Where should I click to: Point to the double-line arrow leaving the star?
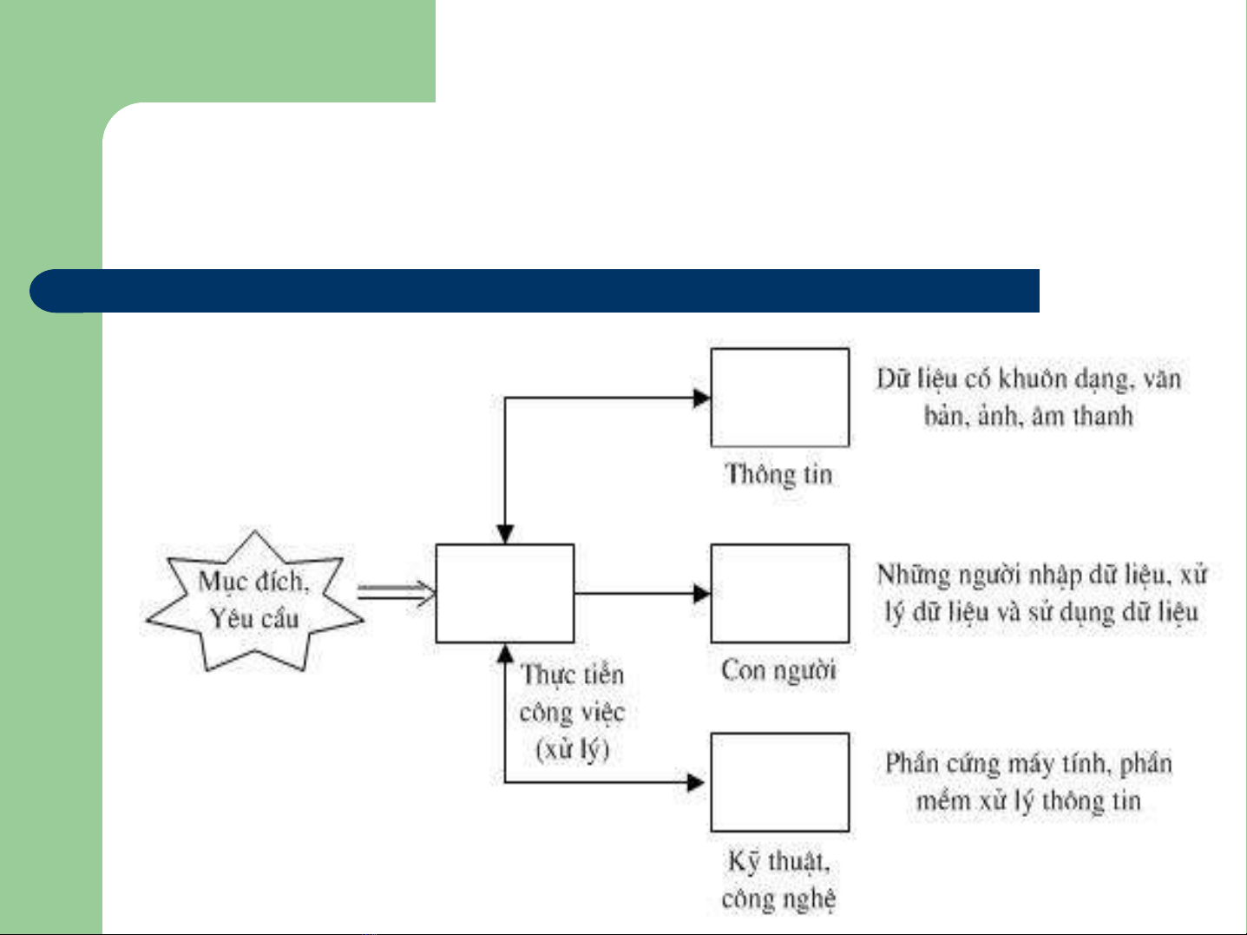396,593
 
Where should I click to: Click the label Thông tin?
779,475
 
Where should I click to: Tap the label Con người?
778,671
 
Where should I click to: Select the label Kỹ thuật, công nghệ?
779,880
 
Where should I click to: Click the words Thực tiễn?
572,675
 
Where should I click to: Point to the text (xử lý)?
573,748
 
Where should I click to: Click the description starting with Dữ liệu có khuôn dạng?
1029,398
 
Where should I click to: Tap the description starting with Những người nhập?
1041,594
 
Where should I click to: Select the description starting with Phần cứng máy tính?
1029,782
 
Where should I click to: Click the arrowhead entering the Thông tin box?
702,398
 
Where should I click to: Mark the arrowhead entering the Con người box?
702,594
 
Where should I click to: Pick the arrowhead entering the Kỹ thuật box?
696,783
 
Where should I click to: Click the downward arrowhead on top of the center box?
505,534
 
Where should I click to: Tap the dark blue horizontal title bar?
535,291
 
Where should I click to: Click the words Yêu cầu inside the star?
254,618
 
